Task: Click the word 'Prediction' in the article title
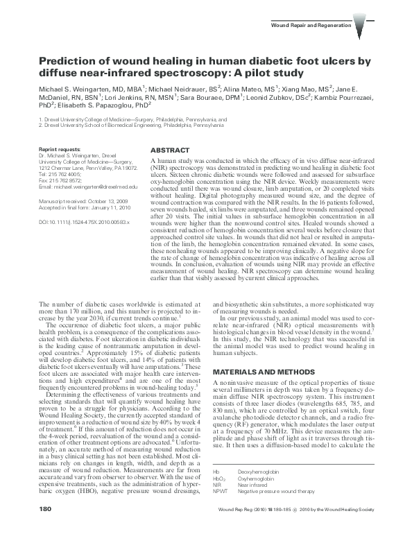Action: pos(70,60)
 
